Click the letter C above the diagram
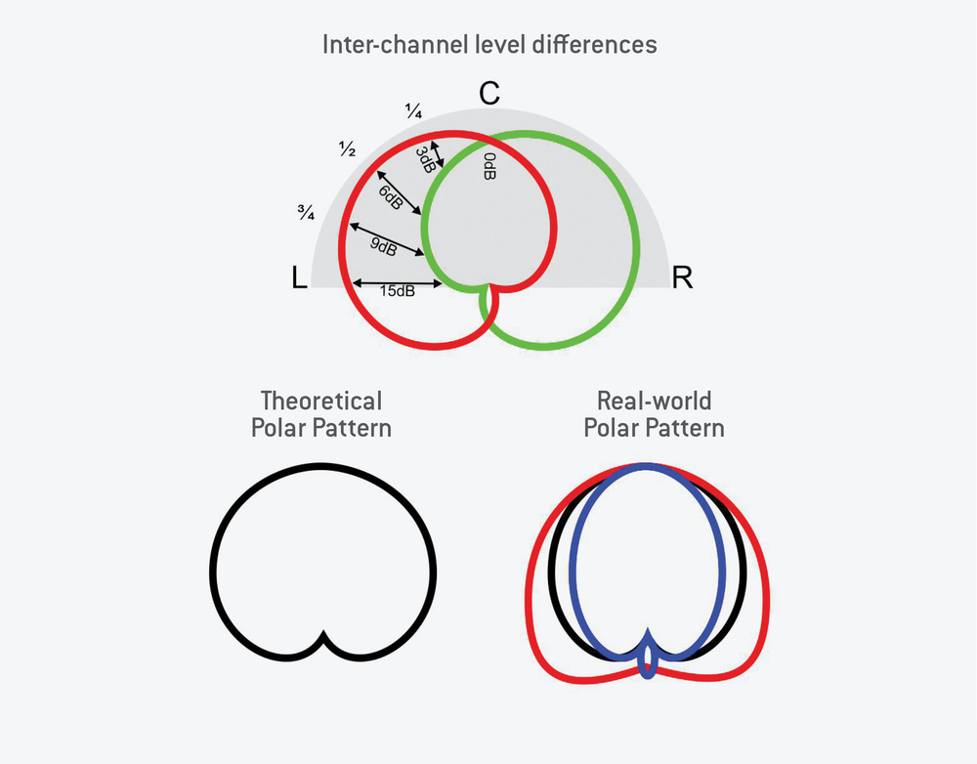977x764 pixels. coord(489,94)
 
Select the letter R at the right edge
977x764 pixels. coord(682,278)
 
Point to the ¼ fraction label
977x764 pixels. coord(412,110)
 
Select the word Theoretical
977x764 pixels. coord(321,402)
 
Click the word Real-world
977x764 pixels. coord(655,402)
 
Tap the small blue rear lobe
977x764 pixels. coord(646,664)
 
